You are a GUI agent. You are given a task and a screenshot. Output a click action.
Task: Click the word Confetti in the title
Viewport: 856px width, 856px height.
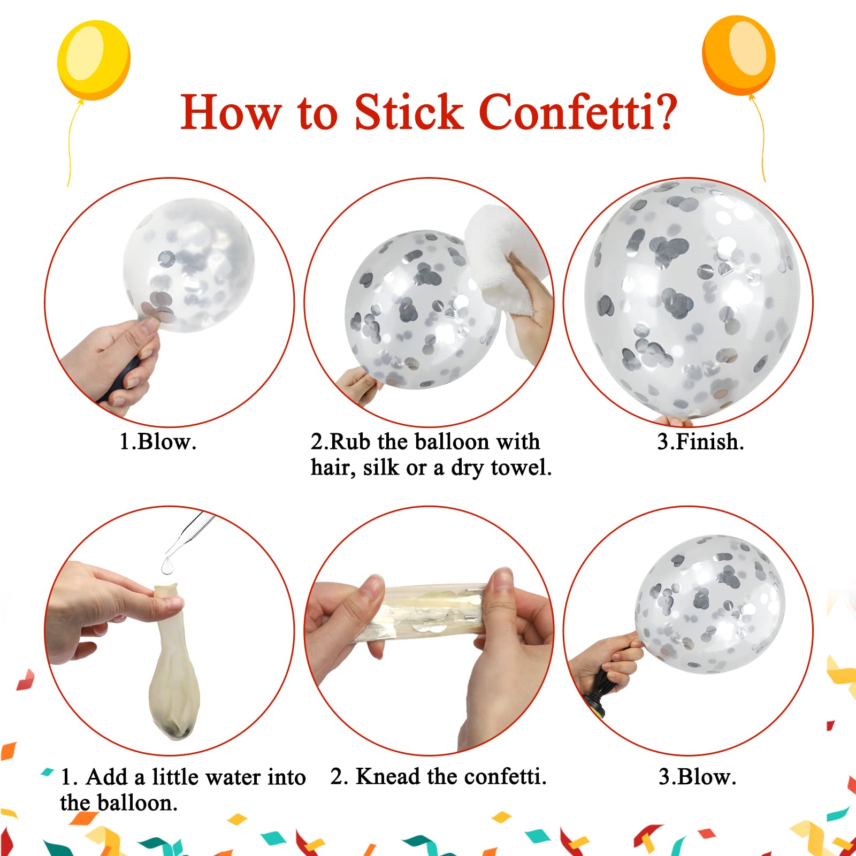tap(568, 112)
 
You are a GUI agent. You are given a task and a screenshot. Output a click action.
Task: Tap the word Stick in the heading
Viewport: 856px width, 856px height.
tap(409, 112)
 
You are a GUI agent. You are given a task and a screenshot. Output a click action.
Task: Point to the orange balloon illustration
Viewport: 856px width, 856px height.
tap(738, 55)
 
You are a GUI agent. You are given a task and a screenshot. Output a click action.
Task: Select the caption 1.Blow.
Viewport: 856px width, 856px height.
tap(158, 442)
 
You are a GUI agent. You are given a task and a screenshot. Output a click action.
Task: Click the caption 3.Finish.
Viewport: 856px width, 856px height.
tap(700, 442)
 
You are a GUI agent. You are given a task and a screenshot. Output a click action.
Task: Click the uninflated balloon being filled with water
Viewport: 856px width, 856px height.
tap(174, 663)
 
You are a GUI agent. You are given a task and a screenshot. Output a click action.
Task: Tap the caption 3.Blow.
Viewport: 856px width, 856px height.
tap(697, 777)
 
